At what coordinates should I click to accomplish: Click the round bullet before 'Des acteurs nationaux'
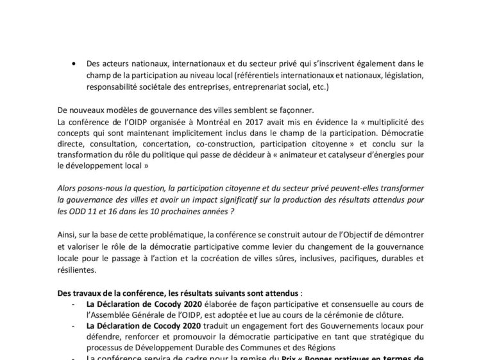click(x=77, y=64)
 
